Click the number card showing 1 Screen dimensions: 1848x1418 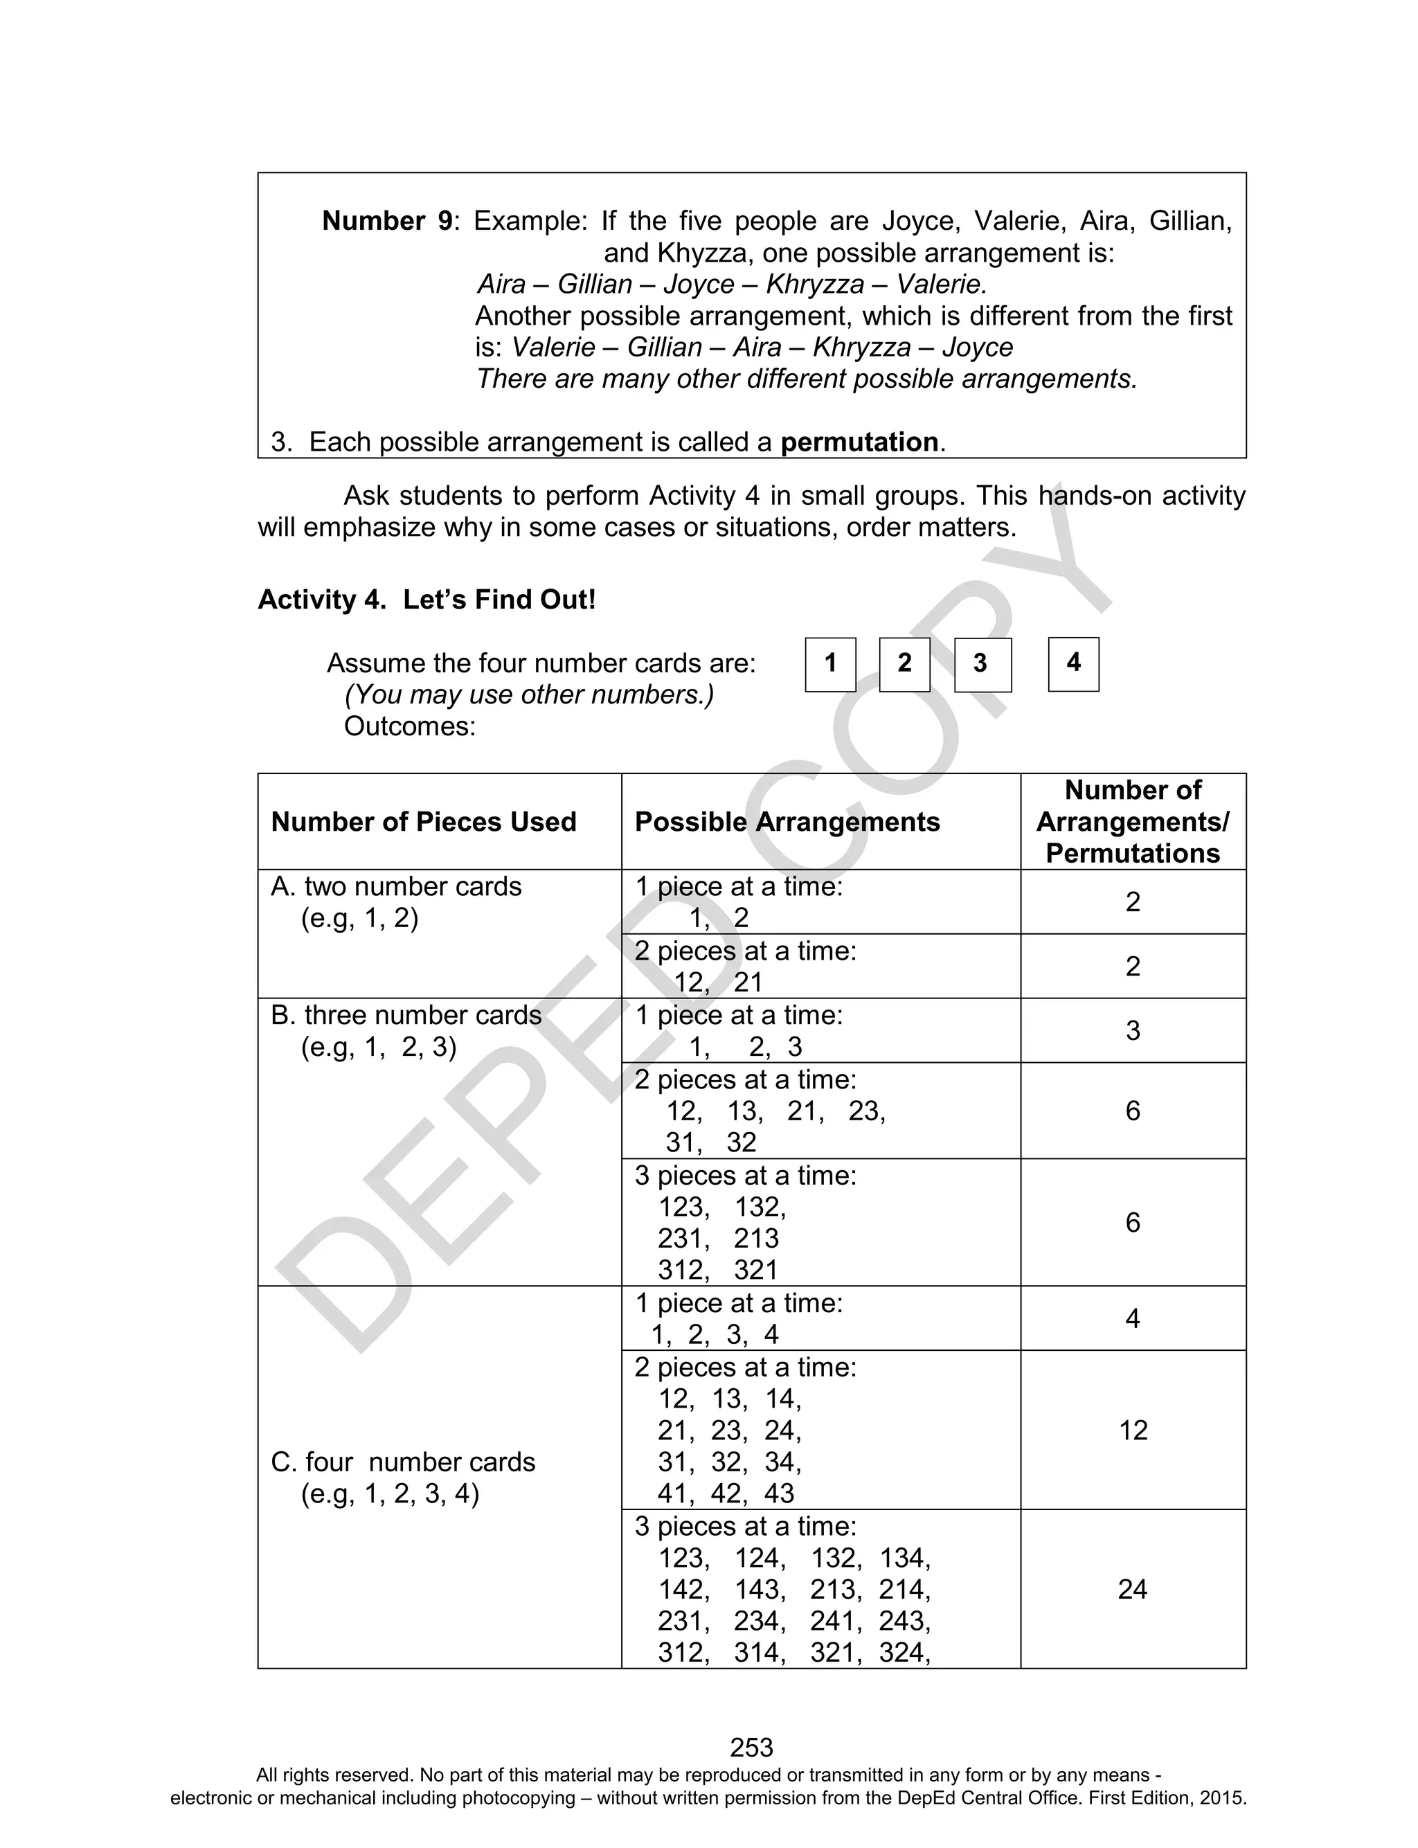click(831, 664)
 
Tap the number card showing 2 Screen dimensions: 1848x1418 click(904, 664)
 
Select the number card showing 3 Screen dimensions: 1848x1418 click(982, 664)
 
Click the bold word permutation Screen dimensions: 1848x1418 click(859, 442)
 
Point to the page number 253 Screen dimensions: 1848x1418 click(751, 1747)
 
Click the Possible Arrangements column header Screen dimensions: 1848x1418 click(787, 822)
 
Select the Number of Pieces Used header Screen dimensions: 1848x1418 click(424, 822)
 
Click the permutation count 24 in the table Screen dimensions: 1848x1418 click(1133, 1590)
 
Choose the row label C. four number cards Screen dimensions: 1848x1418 click(404, 1462)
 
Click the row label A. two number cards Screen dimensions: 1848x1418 click(397, 887)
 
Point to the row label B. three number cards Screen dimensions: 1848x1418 click(406, 1015)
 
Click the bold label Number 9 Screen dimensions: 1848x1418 click(388, 221)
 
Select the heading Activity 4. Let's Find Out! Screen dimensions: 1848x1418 click(427, 600)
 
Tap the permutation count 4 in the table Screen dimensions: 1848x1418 click(1133, 1318)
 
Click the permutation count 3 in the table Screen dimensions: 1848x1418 click(1133, 1030)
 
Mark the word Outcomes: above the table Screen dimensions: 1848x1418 click(409, 726)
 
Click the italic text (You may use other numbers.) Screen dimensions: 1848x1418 click(529, 694)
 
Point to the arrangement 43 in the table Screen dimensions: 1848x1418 click(779, 1493)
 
